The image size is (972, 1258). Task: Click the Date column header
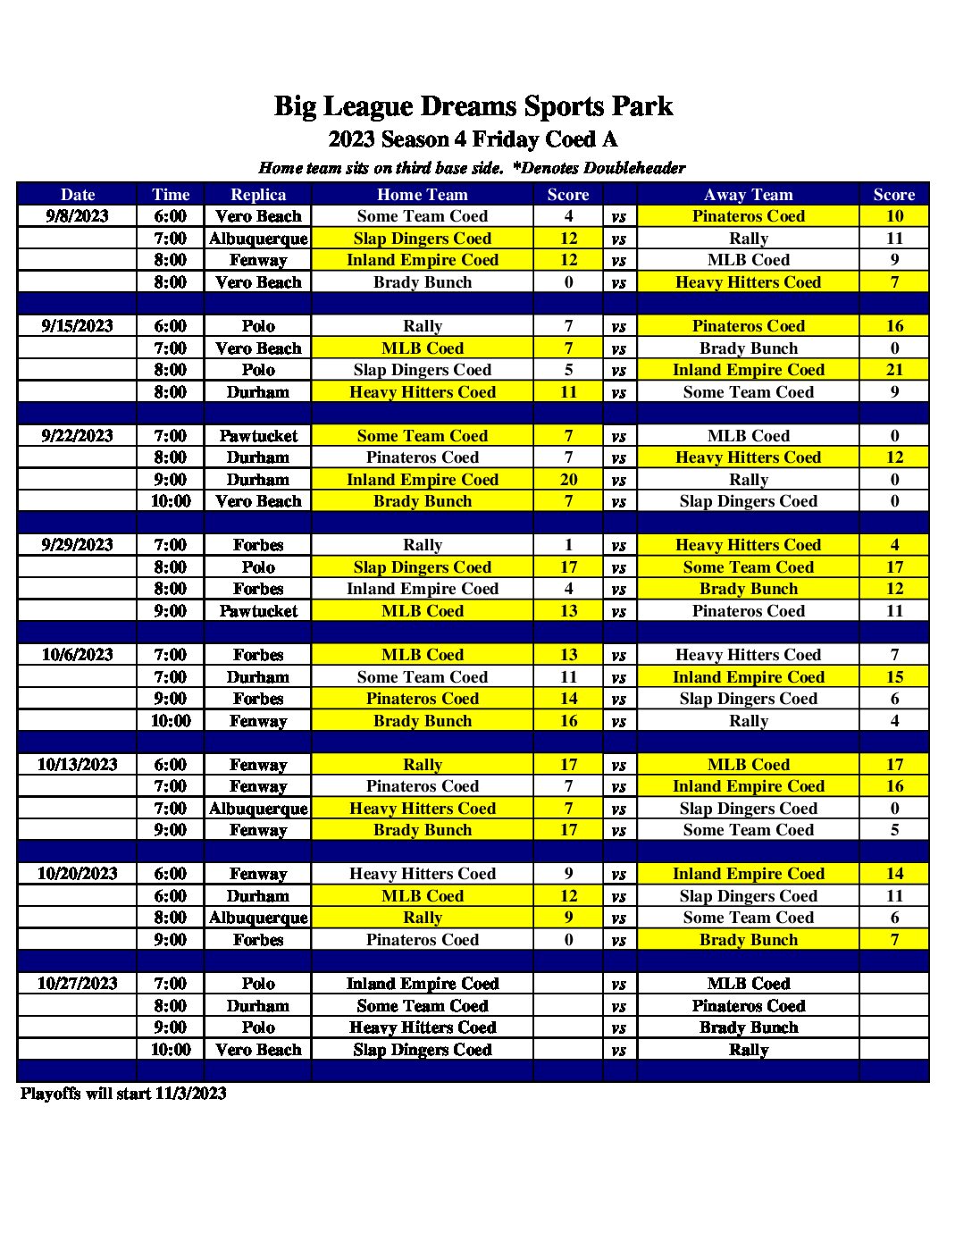point(78,195)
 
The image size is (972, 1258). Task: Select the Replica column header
point(258,195)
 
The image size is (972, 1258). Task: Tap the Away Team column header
point(748,195)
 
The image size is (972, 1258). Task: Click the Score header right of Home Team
point(568,195)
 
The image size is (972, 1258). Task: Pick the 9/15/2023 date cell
point(78,326)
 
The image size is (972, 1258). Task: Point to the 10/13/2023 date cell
point(78,765)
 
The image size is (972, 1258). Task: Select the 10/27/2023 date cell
point(78,984)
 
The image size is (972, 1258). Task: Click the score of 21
point(894,370)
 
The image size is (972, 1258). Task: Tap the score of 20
point(568,480)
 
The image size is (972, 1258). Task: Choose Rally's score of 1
point(568,545)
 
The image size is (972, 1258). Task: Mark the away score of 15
point(894,677)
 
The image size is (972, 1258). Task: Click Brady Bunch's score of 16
point(568,721)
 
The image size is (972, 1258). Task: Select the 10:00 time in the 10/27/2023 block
point(171,1050)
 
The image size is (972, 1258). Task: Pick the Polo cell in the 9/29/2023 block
point(258,567)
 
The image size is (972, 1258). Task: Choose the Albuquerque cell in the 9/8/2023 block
point(258,239)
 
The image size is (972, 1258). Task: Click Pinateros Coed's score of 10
point(894,216)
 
